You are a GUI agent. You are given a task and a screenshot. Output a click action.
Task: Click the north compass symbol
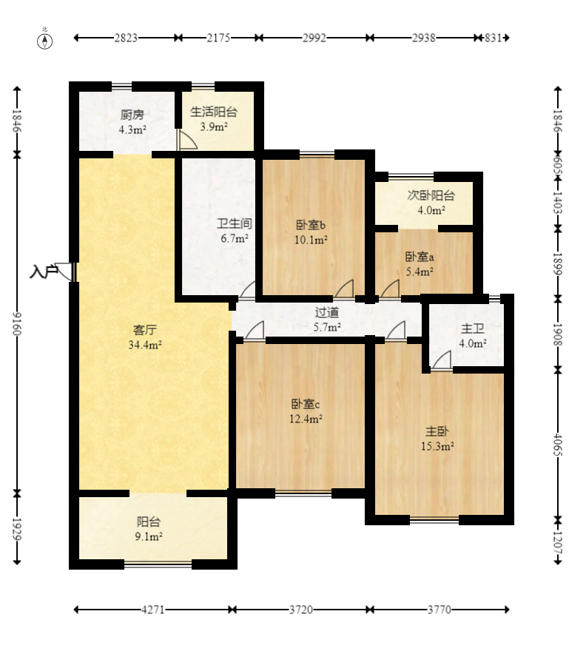point(45,41)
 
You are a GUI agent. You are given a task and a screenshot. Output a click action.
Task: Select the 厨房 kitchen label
point(132,115)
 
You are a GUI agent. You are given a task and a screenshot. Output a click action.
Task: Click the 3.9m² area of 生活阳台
point(214,127)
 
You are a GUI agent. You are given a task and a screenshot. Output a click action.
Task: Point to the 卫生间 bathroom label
point(235,223)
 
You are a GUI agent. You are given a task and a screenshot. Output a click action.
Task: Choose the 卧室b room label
point(311,225)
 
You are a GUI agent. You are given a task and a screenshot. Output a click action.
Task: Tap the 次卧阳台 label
point(431,195)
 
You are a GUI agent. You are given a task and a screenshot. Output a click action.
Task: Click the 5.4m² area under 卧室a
point(419,272)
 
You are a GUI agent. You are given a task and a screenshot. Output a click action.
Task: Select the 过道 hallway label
point(327,312)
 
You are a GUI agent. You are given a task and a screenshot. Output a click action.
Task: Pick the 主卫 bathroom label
point(473,328)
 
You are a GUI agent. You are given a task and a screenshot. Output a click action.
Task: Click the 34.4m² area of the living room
point(145,345)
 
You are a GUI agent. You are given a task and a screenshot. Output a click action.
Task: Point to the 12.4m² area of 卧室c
point(306,419)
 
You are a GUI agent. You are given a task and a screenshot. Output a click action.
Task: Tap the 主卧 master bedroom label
point(437,431)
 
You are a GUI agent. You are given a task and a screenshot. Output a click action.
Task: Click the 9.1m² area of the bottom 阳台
point(149,537)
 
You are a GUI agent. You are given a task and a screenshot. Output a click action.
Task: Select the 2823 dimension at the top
point(126,38)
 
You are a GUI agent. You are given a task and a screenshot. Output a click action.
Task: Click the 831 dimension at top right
point(493,38)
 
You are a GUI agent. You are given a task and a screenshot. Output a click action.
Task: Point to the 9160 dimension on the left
point(17,324)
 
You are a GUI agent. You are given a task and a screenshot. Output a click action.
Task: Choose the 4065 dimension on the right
point(558,445)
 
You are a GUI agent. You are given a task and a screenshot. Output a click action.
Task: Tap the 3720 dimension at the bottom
point(301,610)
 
